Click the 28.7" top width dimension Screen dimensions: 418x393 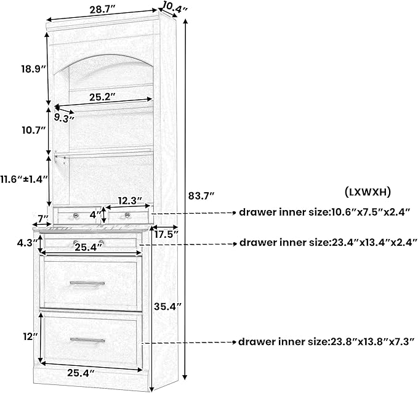click(102, 10)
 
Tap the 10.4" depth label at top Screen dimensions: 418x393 click(175, 6)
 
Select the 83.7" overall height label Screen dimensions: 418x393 click(201, 196)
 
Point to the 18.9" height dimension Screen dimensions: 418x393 click(34, 69)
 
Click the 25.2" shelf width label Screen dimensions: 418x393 click(102, 97)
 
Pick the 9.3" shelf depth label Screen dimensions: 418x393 click(64, 118)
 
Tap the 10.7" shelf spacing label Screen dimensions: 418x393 click(34, 131)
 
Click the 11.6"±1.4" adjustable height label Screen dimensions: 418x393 click(24, 179)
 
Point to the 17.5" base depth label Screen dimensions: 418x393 click(166, 235)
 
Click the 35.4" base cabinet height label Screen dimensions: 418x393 click(167, 307)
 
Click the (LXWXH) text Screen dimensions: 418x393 click(368, 192)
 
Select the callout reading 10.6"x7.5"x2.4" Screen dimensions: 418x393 click(324, 213)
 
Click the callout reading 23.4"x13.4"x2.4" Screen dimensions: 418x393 click(328, 243)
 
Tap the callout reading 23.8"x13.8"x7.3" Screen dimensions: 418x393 click(326, 342)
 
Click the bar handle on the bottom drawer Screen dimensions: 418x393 click(87, 340)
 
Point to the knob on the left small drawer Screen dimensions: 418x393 click(76, 215)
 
